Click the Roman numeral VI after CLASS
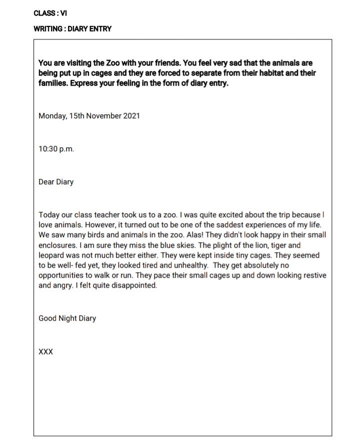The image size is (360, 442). click(63, 13)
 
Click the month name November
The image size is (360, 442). click(102, 116)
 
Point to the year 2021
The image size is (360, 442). click(131, 116)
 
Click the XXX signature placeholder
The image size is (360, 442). click(45, 352)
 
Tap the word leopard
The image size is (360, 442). click(51, 255)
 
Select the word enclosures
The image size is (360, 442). click(58, 245)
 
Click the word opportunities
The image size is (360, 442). click(62, 276)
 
